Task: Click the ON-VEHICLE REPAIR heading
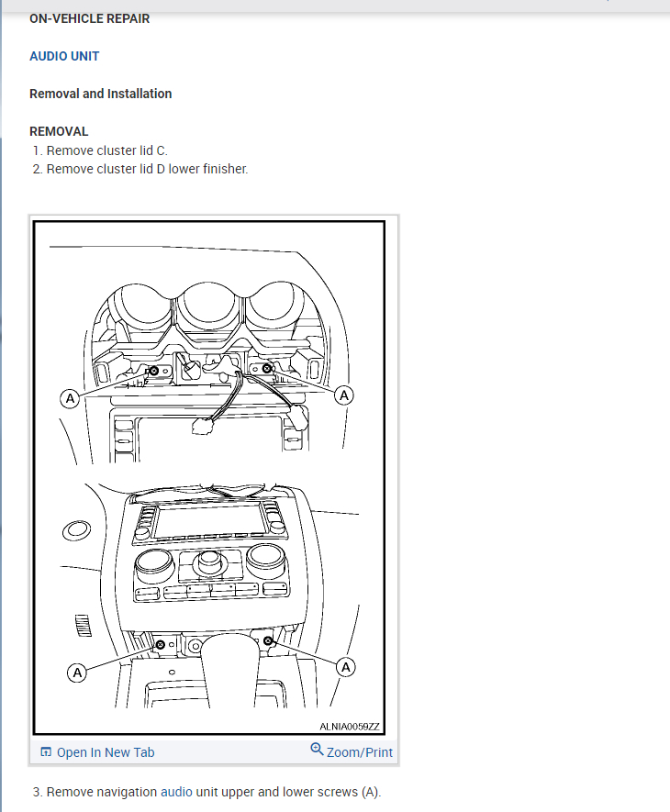(x=90, y=18)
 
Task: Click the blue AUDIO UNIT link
(x=64, y=56)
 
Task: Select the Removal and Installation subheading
(x=101, y=94)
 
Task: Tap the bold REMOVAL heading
(x=59, y=131)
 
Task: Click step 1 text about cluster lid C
(x=106, y=150)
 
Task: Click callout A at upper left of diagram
(x=68, y=398)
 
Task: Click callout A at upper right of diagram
(x=344, y=395)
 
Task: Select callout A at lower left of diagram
(x=77, y=673)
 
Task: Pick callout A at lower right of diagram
(x=346, y=667)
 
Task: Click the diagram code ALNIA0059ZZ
(x=349, y=726)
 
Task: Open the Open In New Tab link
(x=105, y=752)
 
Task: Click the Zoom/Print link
(x=360, y=752)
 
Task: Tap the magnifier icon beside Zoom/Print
(x=318, y=751)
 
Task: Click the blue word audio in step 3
(x=176, y=792)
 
